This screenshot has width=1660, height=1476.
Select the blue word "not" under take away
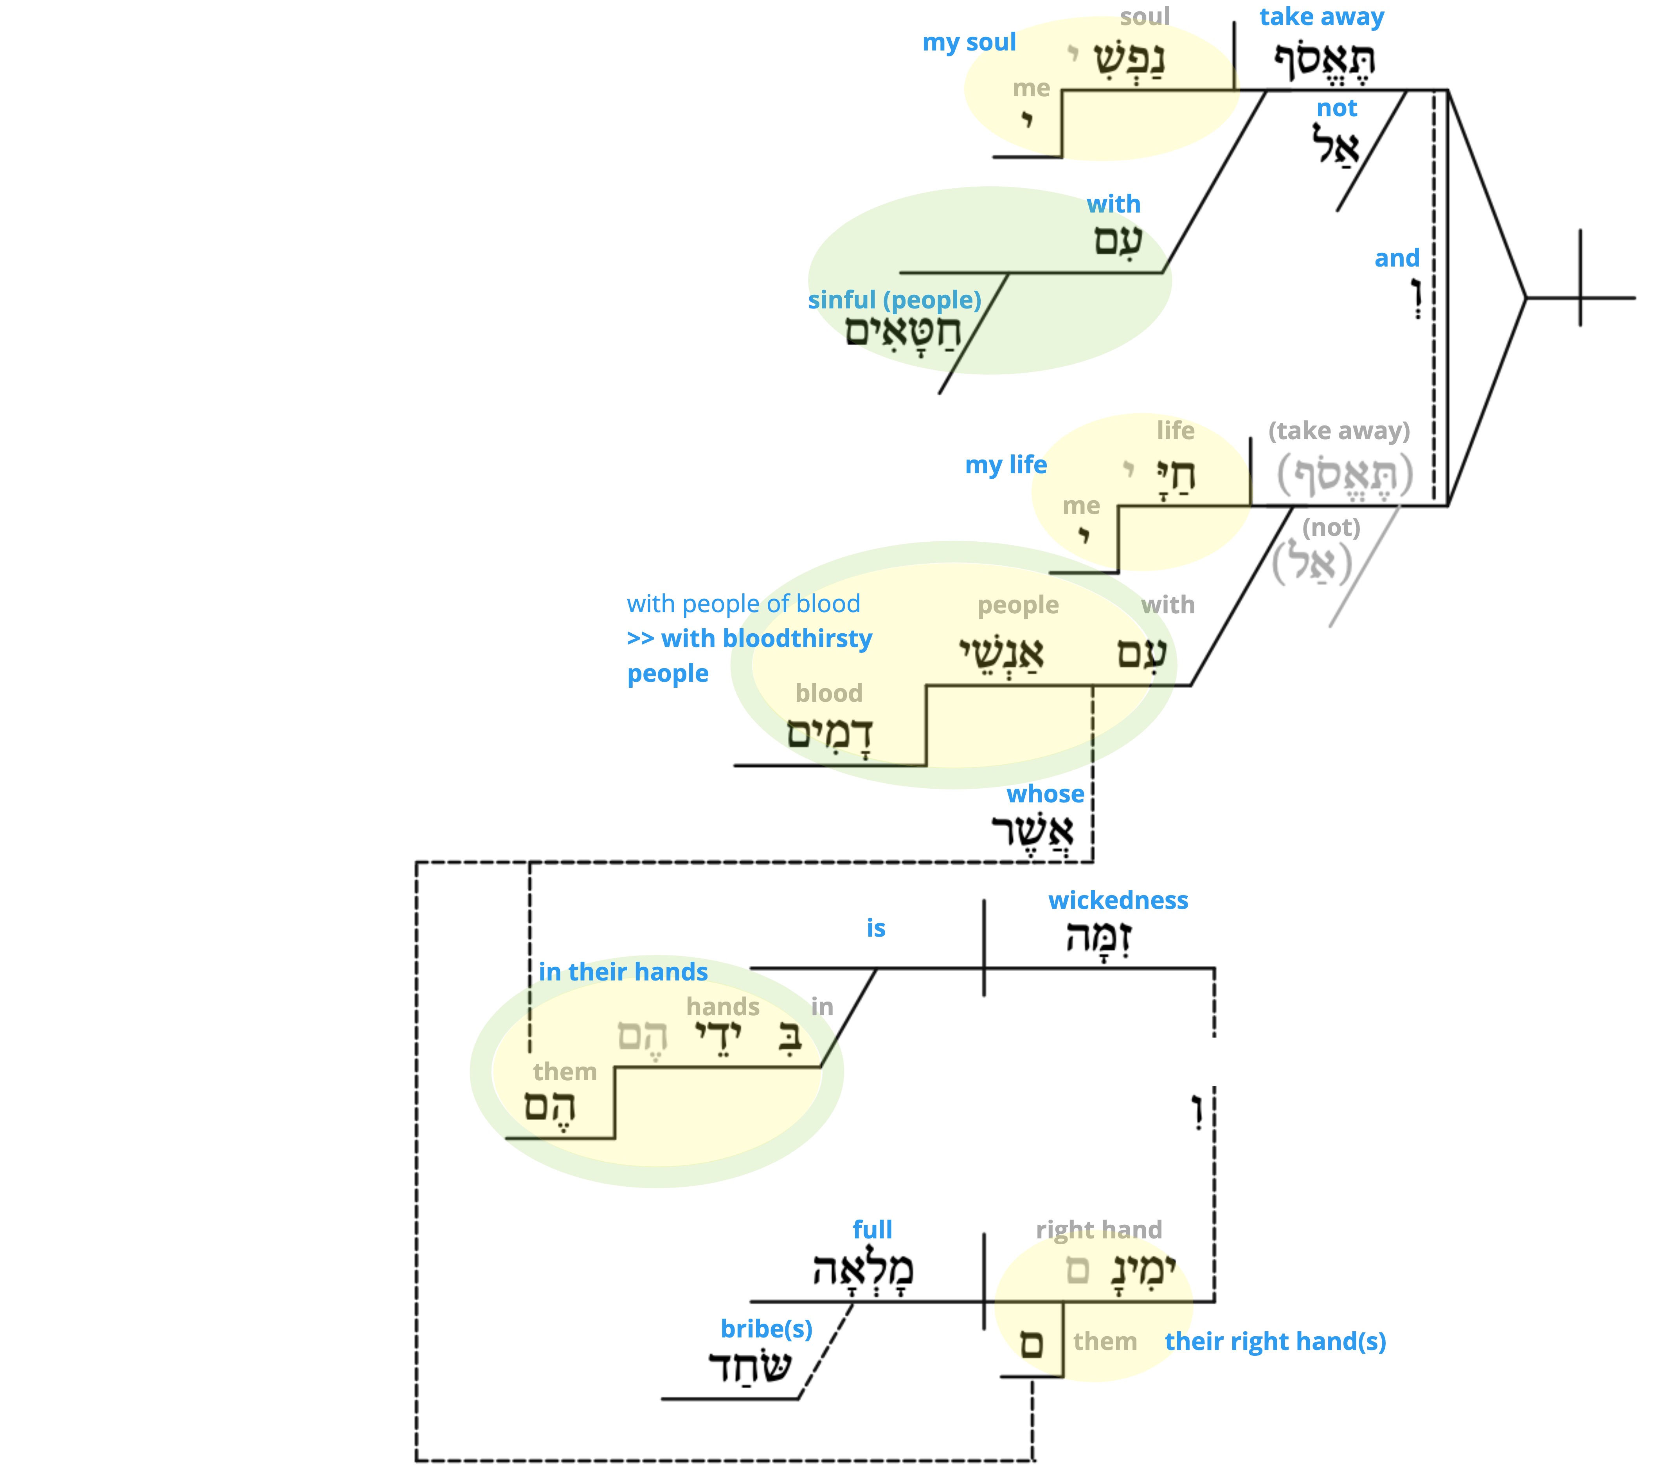coord(1336,108)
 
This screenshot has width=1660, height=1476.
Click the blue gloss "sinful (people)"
coord(894,300)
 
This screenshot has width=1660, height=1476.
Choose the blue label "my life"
coord(1005,465)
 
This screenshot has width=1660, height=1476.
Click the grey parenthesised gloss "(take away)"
coord(1338,431)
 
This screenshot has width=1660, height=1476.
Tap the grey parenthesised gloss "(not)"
coord(1330,528)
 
